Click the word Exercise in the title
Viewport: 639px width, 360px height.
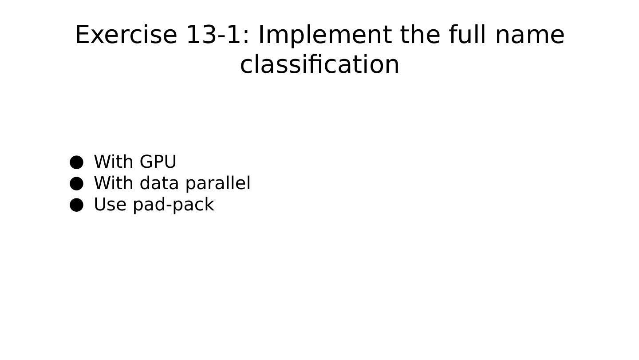(126, 35)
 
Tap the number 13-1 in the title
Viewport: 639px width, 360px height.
(213, 35)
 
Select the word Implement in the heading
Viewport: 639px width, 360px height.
(325, 35)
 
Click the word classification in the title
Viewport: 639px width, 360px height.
(319, 64)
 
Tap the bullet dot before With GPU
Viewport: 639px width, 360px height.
(77, 162)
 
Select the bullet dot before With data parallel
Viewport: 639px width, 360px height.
(77, 183)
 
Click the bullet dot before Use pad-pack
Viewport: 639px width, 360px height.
(77, 205)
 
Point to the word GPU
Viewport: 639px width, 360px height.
(158, 162)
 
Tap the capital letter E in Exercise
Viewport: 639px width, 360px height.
(83, 35)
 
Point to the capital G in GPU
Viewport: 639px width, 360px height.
(146, 162)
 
